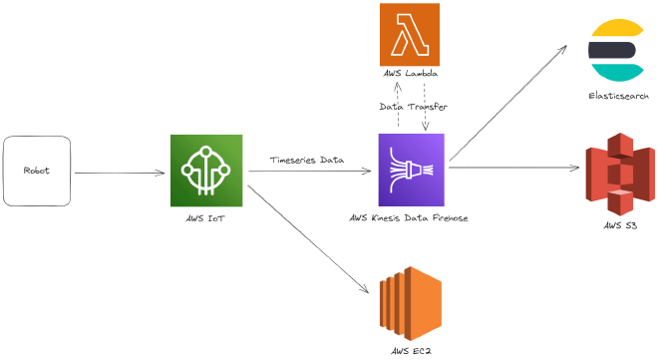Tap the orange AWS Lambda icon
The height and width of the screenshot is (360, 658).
pyautogui.click(x=410, y=35)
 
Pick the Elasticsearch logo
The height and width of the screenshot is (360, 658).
pyautogui.click(x=615, y=50)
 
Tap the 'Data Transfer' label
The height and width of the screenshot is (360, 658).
pyautogui.click(x=412, y=106)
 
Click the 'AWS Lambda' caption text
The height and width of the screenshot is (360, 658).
pyautogui.click(x=410, y=76)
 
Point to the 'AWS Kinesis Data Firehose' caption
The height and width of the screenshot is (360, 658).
pyautogui.click(x=410, y=217)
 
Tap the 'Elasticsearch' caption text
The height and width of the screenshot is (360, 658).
pyautogui.click(x=618, y=96)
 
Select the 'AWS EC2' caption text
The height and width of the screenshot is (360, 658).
pyautogui.click(x=410, y=350)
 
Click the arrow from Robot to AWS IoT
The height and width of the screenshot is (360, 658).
pyautogui.click(x=120, y=173)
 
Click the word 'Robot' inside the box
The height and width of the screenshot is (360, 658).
pyautogui.click(x=37, y=170)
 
